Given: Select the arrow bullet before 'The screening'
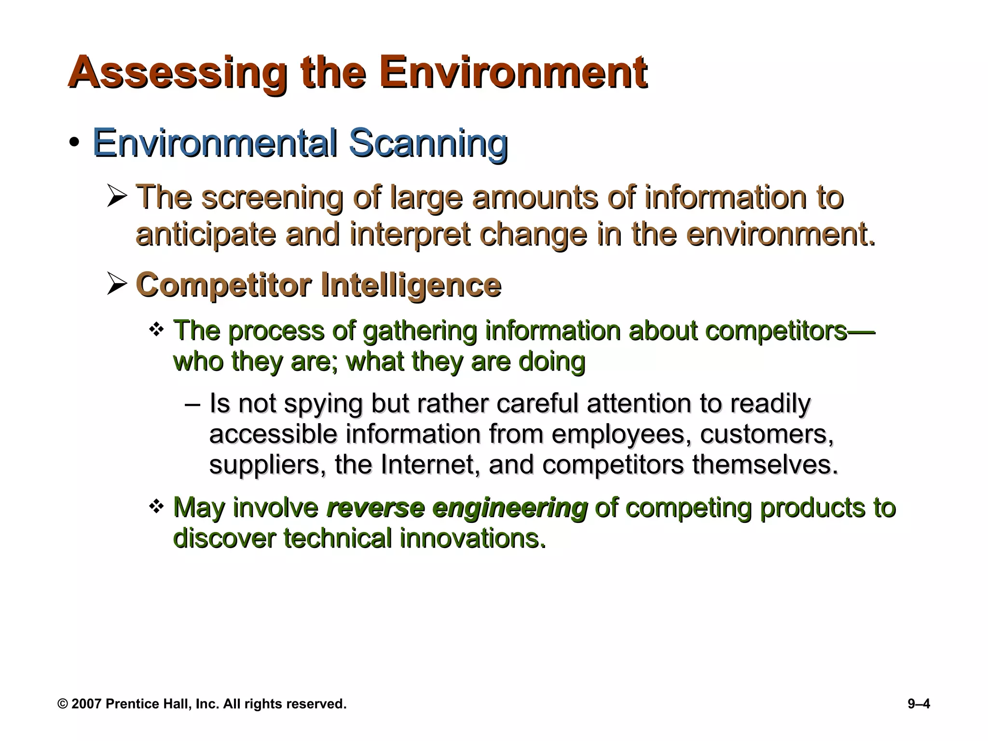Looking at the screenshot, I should pos(117,197).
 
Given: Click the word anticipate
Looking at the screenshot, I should pos(206,234).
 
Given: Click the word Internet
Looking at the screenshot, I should pos(430,465).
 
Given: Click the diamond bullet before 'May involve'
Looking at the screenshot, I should pos(157,507).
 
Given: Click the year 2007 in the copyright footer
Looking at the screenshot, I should pos(86,704).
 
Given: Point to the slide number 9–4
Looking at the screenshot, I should pos(919,704).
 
